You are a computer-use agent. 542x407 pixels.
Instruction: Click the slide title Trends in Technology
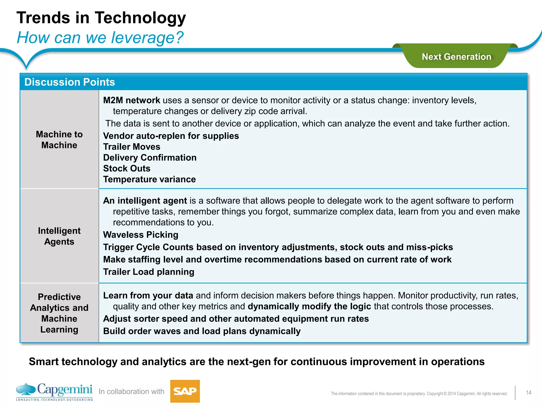(101, 18)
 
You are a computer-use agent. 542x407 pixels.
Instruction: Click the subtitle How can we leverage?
(100, 38)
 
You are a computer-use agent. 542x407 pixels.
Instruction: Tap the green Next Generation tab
(456, 57)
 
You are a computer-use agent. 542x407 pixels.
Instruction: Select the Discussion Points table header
(70, 82)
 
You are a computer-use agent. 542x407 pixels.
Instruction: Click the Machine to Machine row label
(59, 140)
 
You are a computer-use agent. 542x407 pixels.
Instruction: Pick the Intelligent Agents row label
(59, 236)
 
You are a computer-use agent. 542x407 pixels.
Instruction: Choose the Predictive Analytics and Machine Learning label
(59, 313)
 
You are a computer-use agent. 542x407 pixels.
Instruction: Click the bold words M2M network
(132, 100)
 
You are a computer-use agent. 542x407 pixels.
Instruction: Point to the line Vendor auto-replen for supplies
(171, 136)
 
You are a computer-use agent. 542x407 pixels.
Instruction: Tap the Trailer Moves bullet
(132, 147)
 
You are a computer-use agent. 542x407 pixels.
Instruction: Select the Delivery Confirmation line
(150, 158)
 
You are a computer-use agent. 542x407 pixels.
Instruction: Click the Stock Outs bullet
(127, 169)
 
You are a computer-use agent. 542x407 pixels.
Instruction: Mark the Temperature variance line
(150, 179)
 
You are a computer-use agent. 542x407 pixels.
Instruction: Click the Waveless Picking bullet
(141, 235)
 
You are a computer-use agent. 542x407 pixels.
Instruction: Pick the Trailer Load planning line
(149, 272)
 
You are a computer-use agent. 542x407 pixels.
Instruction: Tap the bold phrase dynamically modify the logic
(309, 307)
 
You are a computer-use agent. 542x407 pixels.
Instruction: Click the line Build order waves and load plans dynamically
(202, 331)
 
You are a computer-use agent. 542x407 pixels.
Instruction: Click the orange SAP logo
(185, 391)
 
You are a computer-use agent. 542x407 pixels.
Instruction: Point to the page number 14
(529, 393)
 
